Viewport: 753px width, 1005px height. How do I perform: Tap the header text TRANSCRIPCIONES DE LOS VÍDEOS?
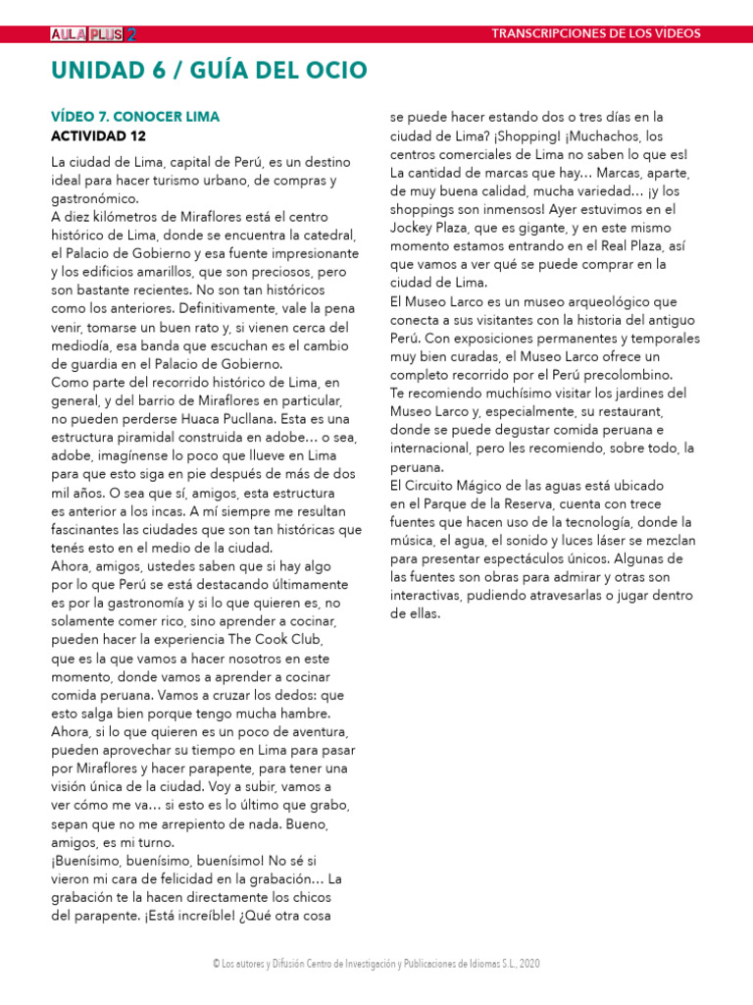596,33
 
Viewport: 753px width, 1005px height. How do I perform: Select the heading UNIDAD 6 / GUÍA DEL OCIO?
209,70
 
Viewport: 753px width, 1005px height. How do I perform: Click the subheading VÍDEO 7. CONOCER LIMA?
135,116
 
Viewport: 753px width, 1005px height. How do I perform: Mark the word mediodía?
86,345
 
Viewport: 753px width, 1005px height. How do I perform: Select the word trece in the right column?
674,503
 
